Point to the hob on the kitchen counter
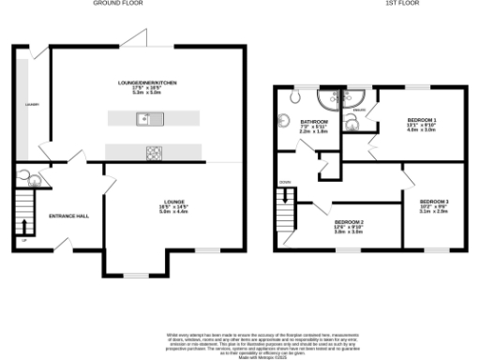point(152,152)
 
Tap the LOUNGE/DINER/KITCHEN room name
point(153,82)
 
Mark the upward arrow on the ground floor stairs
point(24,239)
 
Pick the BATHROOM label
point(313,122)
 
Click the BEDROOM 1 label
point(421,120)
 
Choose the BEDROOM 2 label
point(350,221)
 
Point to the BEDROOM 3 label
point(434,202)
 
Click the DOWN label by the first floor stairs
point(286,182)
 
